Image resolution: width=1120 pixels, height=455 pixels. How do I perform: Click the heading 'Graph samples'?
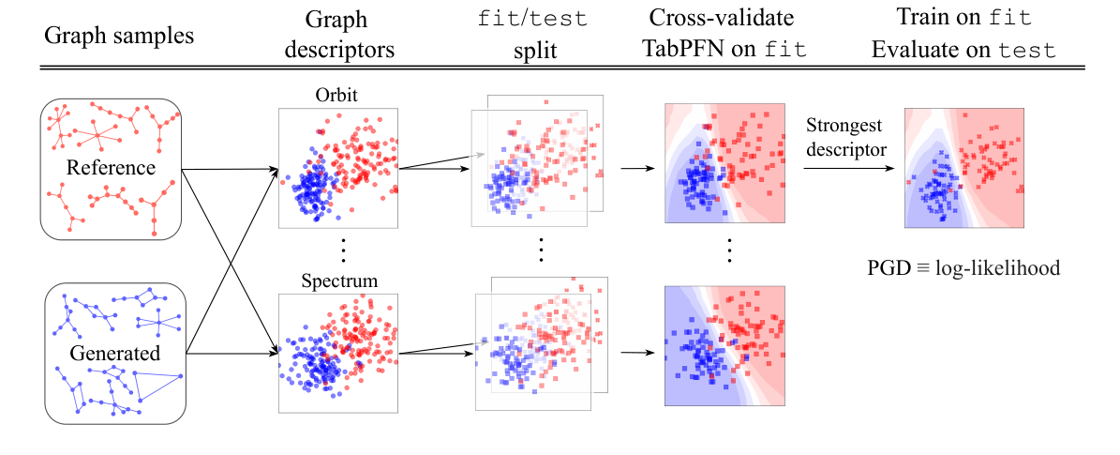[118, 37]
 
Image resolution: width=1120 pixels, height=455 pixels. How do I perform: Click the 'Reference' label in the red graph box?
[110, 168]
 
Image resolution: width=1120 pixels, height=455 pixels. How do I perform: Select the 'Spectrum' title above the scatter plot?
[339, 281]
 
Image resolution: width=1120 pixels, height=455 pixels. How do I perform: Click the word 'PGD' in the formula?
[889, 268]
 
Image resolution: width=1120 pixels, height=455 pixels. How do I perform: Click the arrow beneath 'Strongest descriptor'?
[844, 169]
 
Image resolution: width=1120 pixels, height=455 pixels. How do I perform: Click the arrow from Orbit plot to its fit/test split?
[435, 163]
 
